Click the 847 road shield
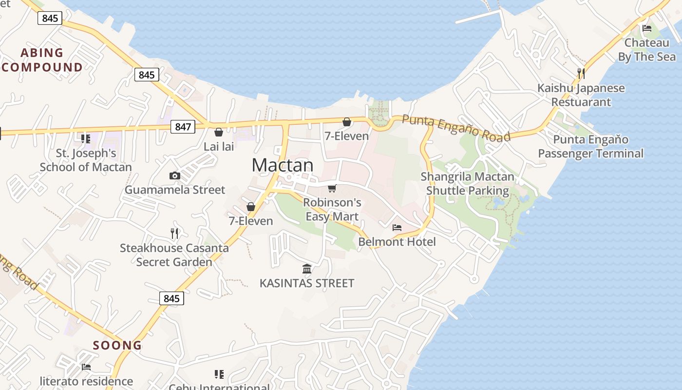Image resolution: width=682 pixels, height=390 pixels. [x=183, y=127]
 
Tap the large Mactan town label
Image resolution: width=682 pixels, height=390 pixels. [x=283, y=165]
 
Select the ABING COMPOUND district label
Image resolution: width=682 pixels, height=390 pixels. [x=42, y=60]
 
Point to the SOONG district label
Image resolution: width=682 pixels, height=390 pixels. [x=117, y=346]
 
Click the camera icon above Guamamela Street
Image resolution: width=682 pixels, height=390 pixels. [x=175, y=175]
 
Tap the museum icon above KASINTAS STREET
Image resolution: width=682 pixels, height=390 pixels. [x=307, y=269]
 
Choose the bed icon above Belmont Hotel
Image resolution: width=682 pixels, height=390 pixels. [x=397, y=227]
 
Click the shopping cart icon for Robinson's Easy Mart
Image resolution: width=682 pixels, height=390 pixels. [x=332, y=188]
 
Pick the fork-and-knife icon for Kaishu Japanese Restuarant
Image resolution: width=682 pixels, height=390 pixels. [x=581, y=74]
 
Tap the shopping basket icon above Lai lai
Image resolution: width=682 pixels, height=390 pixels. [x=219, y=132]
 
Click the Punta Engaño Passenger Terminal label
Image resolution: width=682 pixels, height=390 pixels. [x=590, y=147]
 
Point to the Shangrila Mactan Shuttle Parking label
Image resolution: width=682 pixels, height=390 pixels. [x=467, y=184]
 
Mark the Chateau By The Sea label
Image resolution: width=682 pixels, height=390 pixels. [x=647, y=50]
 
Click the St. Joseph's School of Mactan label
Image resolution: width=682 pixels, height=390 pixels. [x=86, y=160]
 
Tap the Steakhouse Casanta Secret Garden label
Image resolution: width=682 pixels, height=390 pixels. [x=174, y=255]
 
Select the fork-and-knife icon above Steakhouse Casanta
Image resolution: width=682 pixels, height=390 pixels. [x=174, y=234]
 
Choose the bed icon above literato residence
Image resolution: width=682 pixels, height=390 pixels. [x=86, y=367]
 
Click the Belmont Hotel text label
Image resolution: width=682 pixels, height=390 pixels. [x=397, y=242]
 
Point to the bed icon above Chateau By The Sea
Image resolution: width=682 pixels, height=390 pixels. [x=647, y=28]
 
